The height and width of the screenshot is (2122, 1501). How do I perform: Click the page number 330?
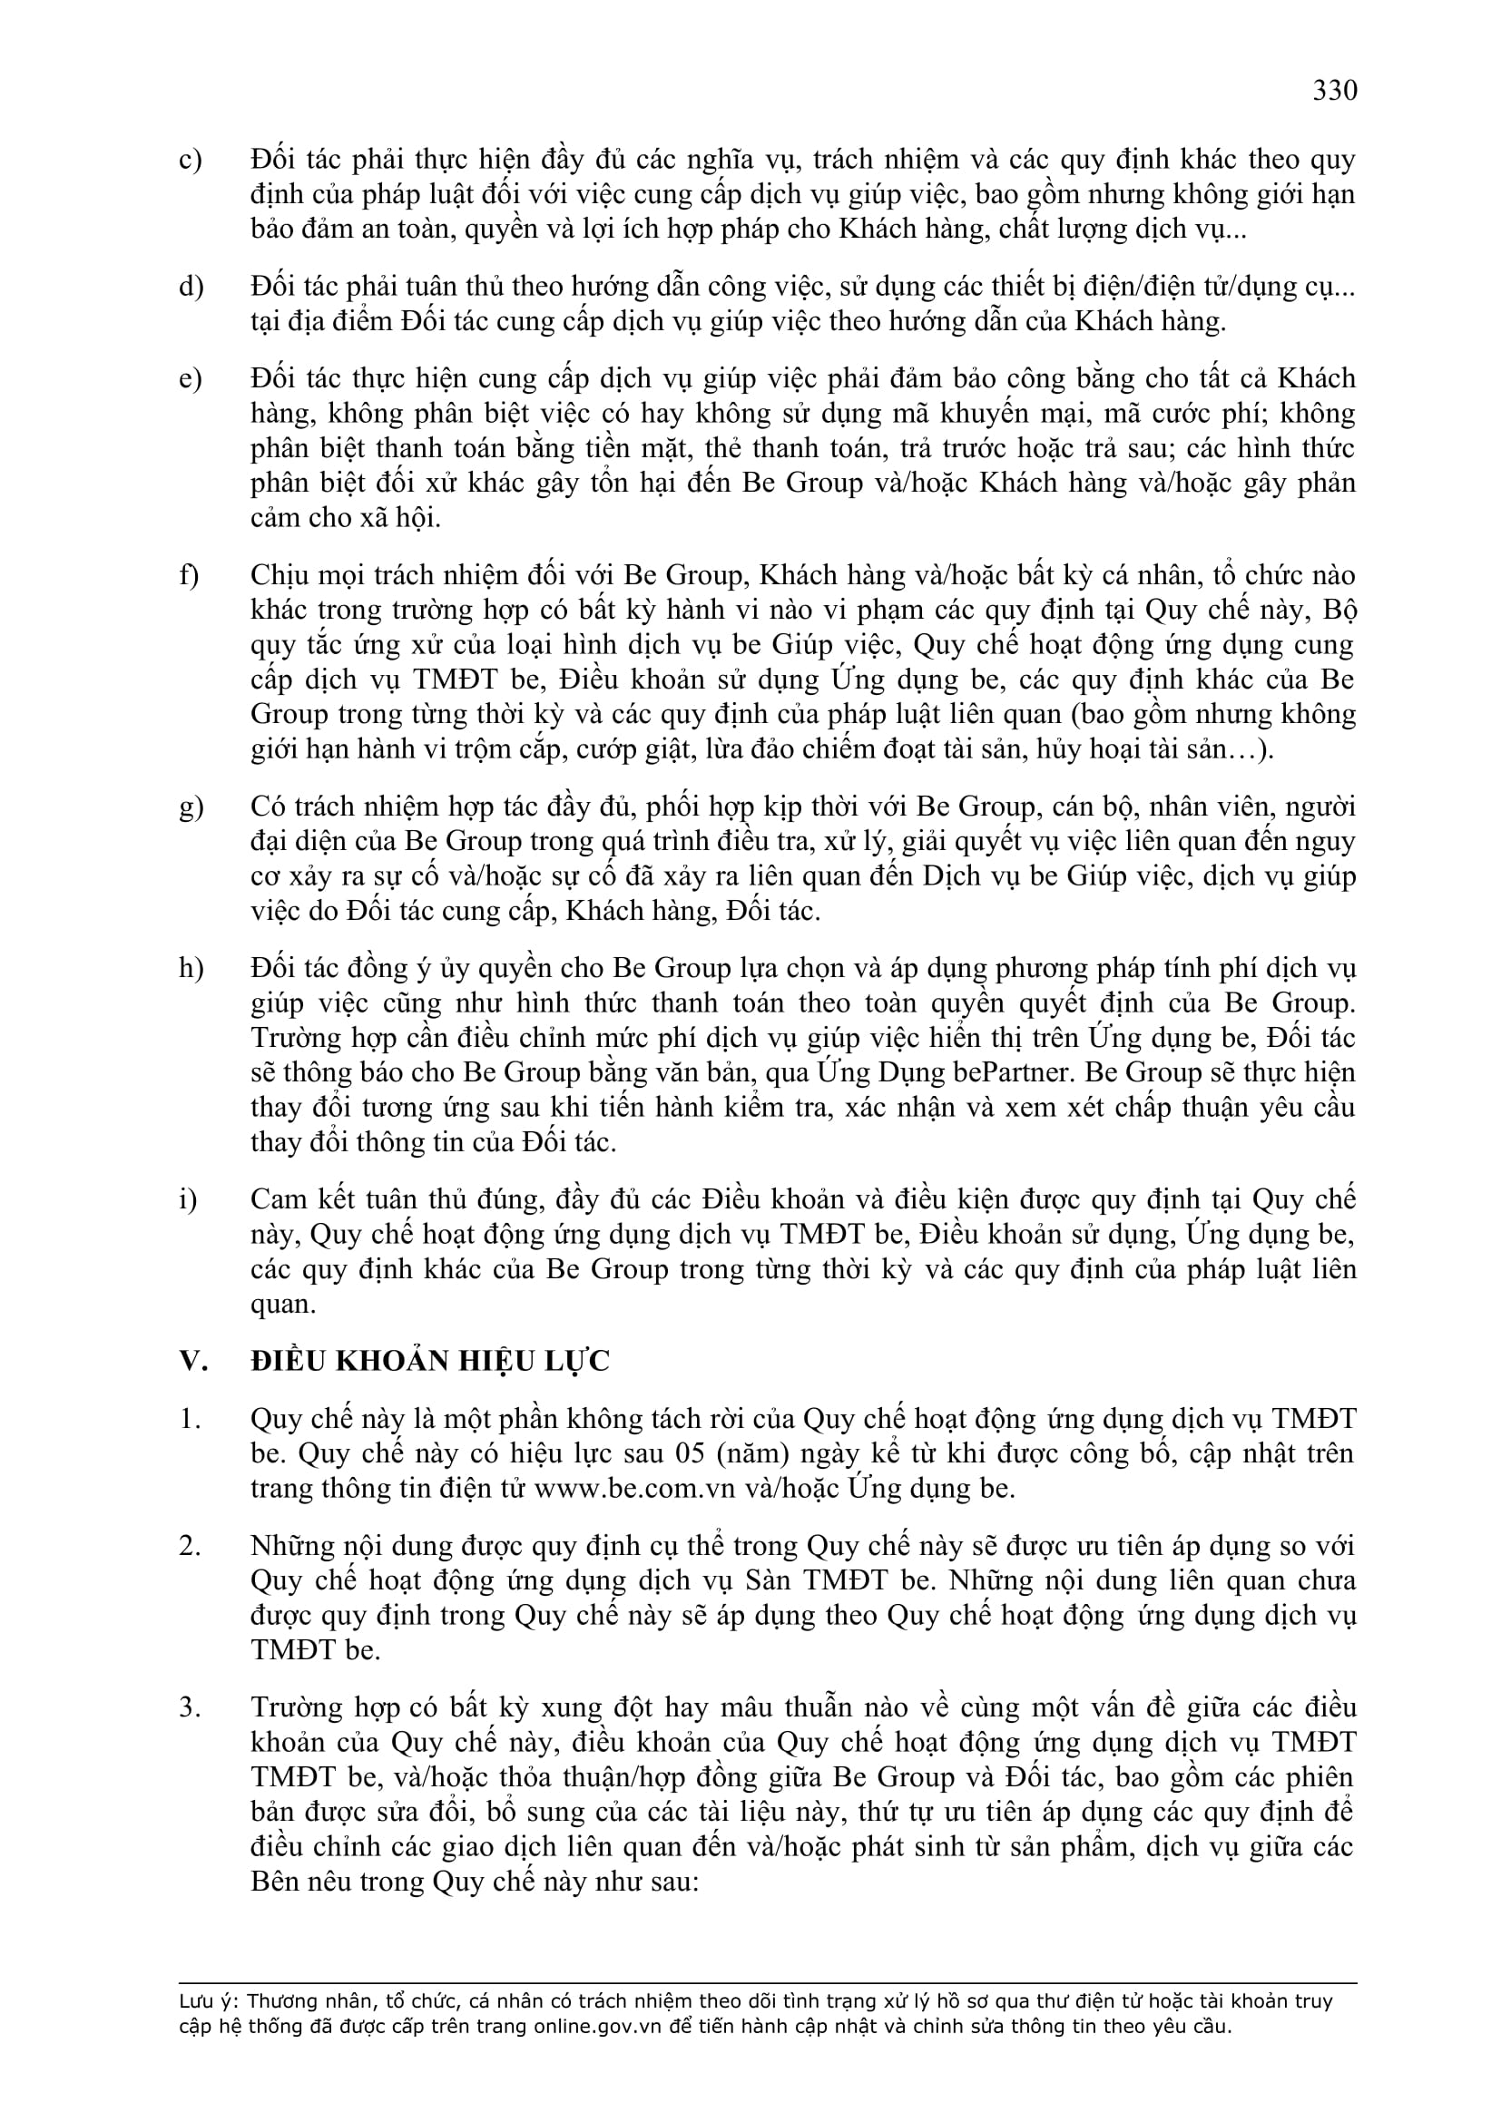click(x=1335, y=91)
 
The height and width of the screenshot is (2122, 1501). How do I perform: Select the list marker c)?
click(x=191, y=160)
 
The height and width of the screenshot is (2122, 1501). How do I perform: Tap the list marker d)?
click(x=191, y=288)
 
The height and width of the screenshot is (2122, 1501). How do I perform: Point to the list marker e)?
click(x=191, y=379)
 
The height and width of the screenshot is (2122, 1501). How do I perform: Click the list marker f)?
click(x=190, y=576)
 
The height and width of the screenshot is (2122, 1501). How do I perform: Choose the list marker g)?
click(x=191, y=807)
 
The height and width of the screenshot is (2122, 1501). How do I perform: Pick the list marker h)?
click(x=191, y=969)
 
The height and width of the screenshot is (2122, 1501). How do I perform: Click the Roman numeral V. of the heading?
click(x=193, y=1362)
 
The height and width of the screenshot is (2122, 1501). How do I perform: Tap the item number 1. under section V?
click(x=190, y=1419)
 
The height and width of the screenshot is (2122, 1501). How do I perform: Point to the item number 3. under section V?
click(x=190, y=1707)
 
